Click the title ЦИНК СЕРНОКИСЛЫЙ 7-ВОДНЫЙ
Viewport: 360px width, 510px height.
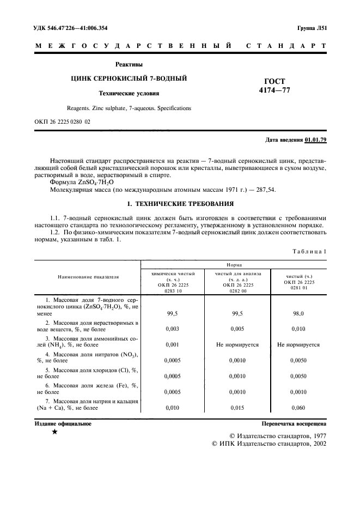(x=129, y=78)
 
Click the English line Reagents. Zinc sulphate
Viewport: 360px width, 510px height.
(x=129, y=108)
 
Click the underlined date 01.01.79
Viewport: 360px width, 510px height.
(x=315, y=140)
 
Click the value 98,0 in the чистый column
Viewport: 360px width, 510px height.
(x=298, y=314)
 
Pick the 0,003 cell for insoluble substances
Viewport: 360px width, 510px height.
(x=172, y=329)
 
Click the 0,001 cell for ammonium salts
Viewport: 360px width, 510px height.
(x=172, y=345)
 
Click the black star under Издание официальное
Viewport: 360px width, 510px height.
(x=54, y=432)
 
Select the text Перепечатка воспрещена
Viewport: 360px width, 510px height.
(x=294, y=423)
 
